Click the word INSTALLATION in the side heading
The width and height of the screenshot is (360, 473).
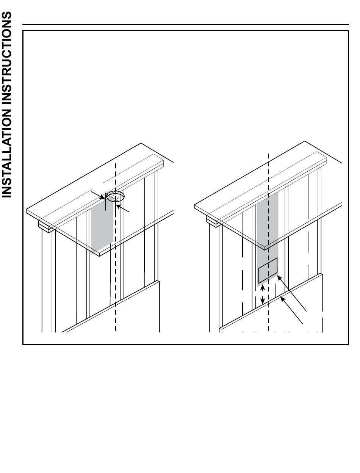pos(6,153)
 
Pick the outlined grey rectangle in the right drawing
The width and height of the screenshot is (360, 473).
pos(268,270)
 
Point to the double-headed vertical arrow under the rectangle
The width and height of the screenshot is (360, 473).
pos(262,294)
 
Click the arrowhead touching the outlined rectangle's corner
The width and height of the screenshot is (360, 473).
pos(279,278)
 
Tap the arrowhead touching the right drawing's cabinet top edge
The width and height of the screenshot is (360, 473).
pos(283,299)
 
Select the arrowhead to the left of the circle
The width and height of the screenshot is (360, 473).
pos(103,197)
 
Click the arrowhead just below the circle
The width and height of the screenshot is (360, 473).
pos(118,207)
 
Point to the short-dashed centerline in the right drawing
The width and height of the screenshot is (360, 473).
pos(268,242)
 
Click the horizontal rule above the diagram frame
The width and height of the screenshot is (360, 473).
pos(185,25)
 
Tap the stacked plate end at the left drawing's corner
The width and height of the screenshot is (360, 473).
pos(44,226)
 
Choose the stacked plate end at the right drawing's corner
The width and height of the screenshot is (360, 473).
pos(211,221)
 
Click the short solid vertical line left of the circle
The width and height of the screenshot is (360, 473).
pos(106,202)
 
